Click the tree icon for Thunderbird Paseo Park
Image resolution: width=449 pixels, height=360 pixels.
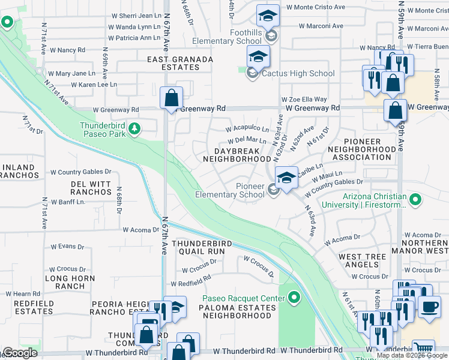(x=136, y=127)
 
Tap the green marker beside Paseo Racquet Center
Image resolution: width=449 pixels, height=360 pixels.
(x=294, y=298)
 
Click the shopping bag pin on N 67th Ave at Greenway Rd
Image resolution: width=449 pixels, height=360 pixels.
(x=172, y=98)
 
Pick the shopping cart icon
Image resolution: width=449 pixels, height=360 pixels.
(x=424, y=349)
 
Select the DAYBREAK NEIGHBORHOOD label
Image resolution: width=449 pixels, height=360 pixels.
(x=237, y=154)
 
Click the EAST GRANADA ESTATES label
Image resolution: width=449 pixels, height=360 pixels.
(x=180, y=64)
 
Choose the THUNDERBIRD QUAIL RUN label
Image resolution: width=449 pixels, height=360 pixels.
(x=198, y=247)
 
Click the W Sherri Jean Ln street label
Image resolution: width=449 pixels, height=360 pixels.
(x=137, y=17)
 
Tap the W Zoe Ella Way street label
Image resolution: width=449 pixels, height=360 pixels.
(x=304, y=99)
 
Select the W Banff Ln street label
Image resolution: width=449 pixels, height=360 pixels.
(x=68, y=202)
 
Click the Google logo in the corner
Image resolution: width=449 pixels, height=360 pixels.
(x=20, y=353)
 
